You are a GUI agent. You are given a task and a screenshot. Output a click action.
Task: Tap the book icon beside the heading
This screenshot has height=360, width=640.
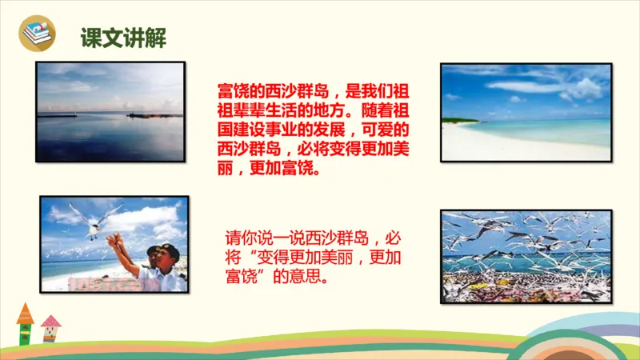pyautogui.click(x=37, y=34)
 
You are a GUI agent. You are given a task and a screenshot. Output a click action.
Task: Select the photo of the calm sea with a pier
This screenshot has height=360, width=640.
pyautogui.click(x=110, y=112)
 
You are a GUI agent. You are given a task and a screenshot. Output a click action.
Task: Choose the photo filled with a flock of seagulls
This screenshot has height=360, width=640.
pyautogui.click(x=526, y=256)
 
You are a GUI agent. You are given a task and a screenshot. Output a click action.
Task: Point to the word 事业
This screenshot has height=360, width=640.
pyautogui.click(x=285, y=131)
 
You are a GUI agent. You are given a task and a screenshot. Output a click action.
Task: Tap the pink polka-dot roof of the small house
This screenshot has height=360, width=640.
pyautogui.click(x=51, y=322)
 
